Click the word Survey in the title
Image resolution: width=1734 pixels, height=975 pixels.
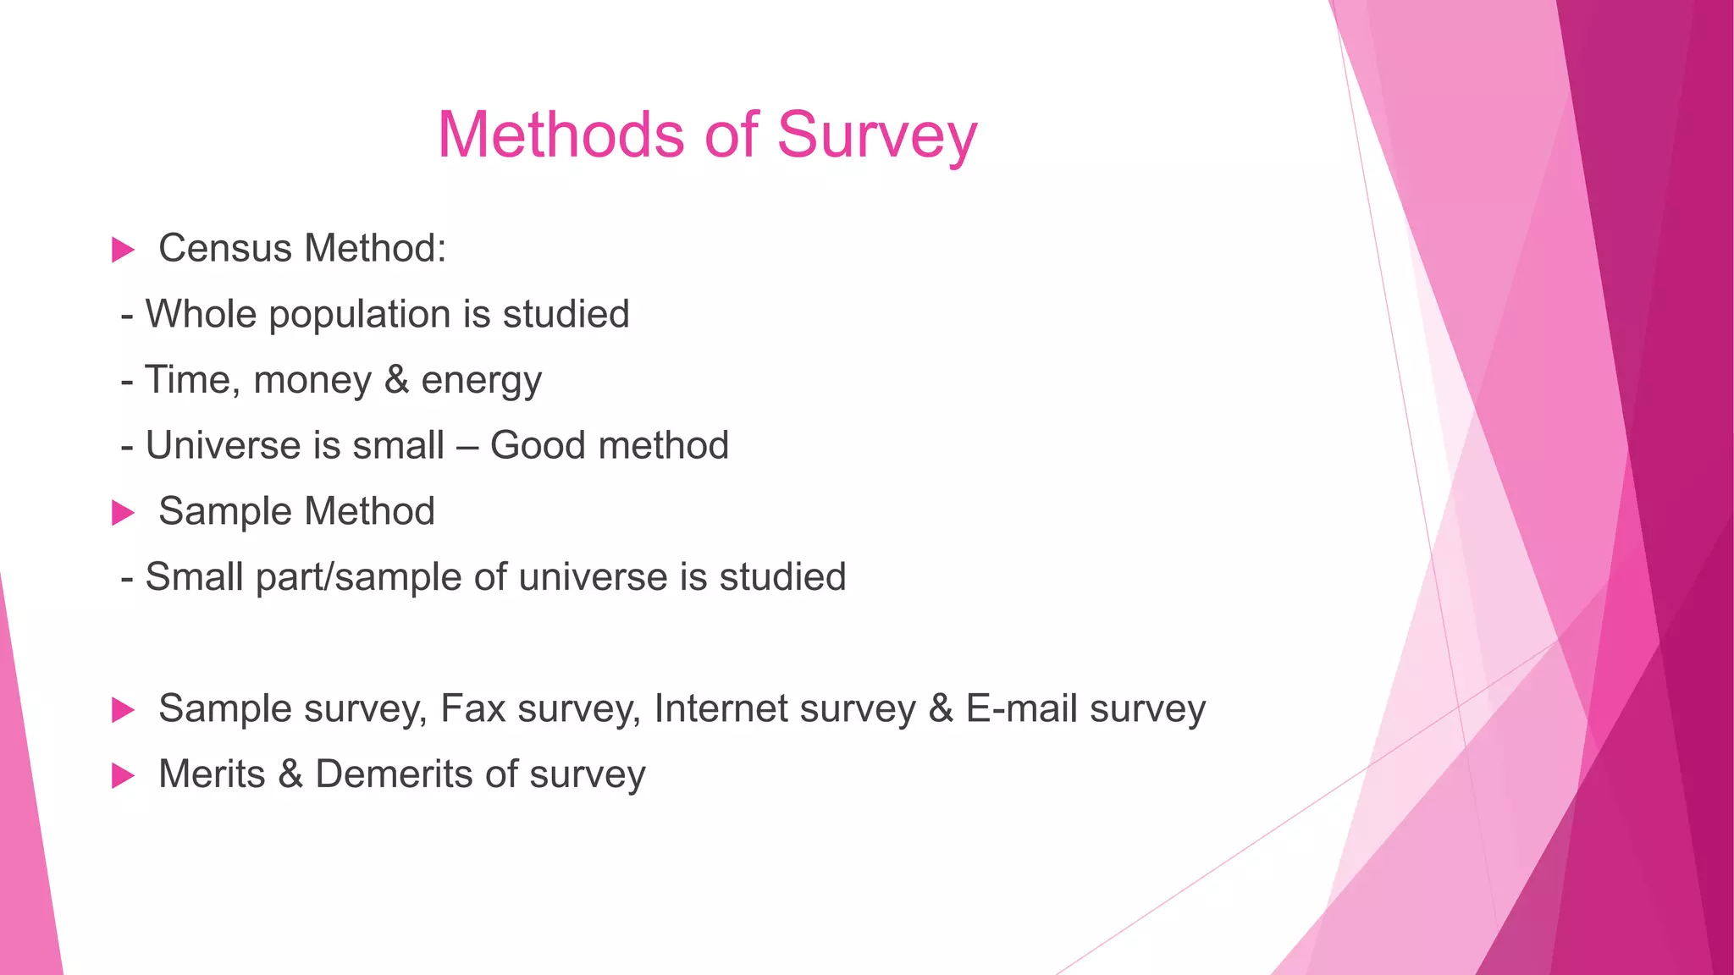tap(876, 135)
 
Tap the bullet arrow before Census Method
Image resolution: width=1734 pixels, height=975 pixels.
tap(124, 250)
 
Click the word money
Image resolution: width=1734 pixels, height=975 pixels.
tap(312, 380)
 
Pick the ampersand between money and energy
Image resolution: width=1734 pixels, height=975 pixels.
tap(396, 379)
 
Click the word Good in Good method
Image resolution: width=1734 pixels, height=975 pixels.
tap(539, 445)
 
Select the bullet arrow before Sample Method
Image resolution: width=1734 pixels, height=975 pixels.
tap(124, 512)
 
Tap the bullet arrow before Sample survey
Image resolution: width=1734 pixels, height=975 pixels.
tap(124, 709)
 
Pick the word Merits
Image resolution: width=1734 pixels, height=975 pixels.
tap(212, 774)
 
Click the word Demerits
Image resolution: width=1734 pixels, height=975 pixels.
tap(394, 774)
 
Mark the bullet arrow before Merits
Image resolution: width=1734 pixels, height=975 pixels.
tap(124, 774)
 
